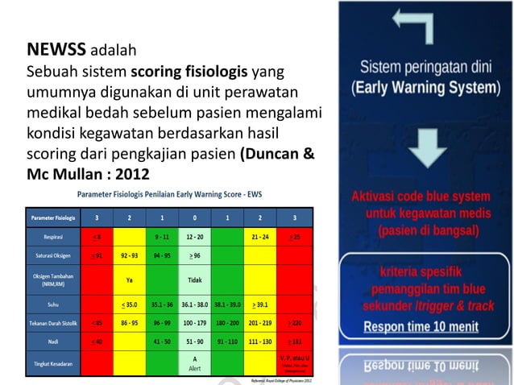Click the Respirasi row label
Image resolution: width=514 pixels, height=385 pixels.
click(x=53, y=237)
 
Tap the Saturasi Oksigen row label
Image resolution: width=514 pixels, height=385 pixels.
click(x=53, y=255)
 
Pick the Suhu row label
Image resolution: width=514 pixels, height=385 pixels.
click(x=53, y=304)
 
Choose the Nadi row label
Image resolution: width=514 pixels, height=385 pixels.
click(x=53, y=342)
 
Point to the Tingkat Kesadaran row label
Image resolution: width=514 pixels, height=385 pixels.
click(x=53, y=364)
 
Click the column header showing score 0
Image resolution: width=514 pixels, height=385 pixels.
click(x=194, y=217)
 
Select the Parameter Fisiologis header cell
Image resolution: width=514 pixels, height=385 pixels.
click(x=53, y=217)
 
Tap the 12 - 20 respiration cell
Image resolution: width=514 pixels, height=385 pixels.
click(x=194, y=237)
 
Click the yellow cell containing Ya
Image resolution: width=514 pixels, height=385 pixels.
click(x=129, y=279)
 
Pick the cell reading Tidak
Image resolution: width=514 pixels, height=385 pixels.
click(x=194, y=279)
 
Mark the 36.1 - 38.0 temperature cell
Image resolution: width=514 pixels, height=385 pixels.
click(x=194, y=305)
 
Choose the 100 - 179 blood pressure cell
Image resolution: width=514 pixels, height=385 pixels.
click(x=194, y=324)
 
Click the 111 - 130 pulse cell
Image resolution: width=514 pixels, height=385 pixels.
click(x=259, y=342)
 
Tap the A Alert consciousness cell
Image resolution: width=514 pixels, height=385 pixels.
click(x=194, y=364)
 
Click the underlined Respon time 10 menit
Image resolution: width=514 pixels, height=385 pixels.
click(x=425, y=328)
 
